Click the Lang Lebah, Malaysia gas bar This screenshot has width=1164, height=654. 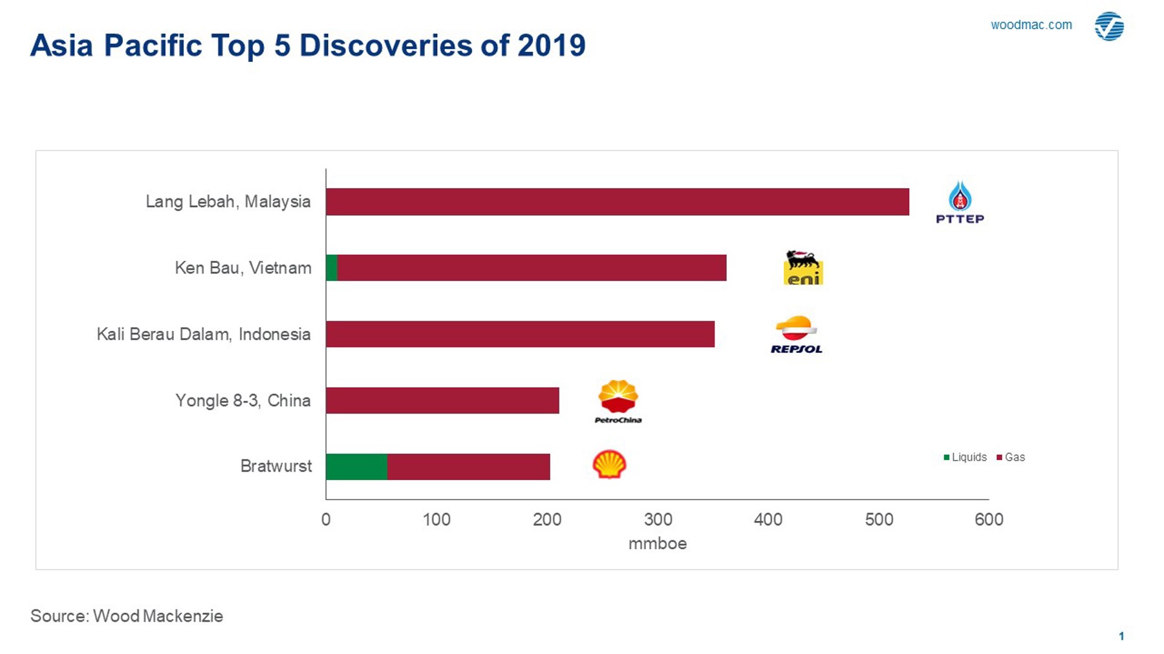coord(618,202)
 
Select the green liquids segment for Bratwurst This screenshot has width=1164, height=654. coord(356,467)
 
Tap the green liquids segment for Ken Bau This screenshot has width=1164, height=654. coord(332,268)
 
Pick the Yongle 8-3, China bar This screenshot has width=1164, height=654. coord(442,400)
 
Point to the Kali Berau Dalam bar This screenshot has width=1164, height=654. coord(520,334)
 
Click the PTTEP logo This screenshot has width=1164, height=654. coord(960,202)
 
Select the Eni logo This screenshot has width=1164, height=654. coord(803,268)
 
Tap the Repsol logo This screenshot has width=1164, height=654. coord(796,335)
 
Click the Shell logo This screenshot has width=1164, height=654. coord(609,464)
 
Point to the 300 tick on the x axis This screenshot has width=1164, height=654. coord(658,520)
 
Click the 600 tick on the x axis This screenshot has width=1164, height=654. coord(989,520)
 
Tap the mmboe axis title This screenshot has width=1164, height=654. coord(657,543)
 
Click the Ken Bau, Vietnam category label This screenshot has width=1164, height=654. coord(243,268)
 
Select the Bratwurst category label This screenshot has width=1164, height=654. coord(276,467)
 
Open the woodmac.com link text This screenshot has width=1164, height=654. coord(1031,25)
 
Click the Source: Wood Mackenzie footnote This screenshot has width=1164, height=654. coord(127,616)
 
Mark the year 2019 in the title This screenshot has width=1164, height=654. coord(551,46)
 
